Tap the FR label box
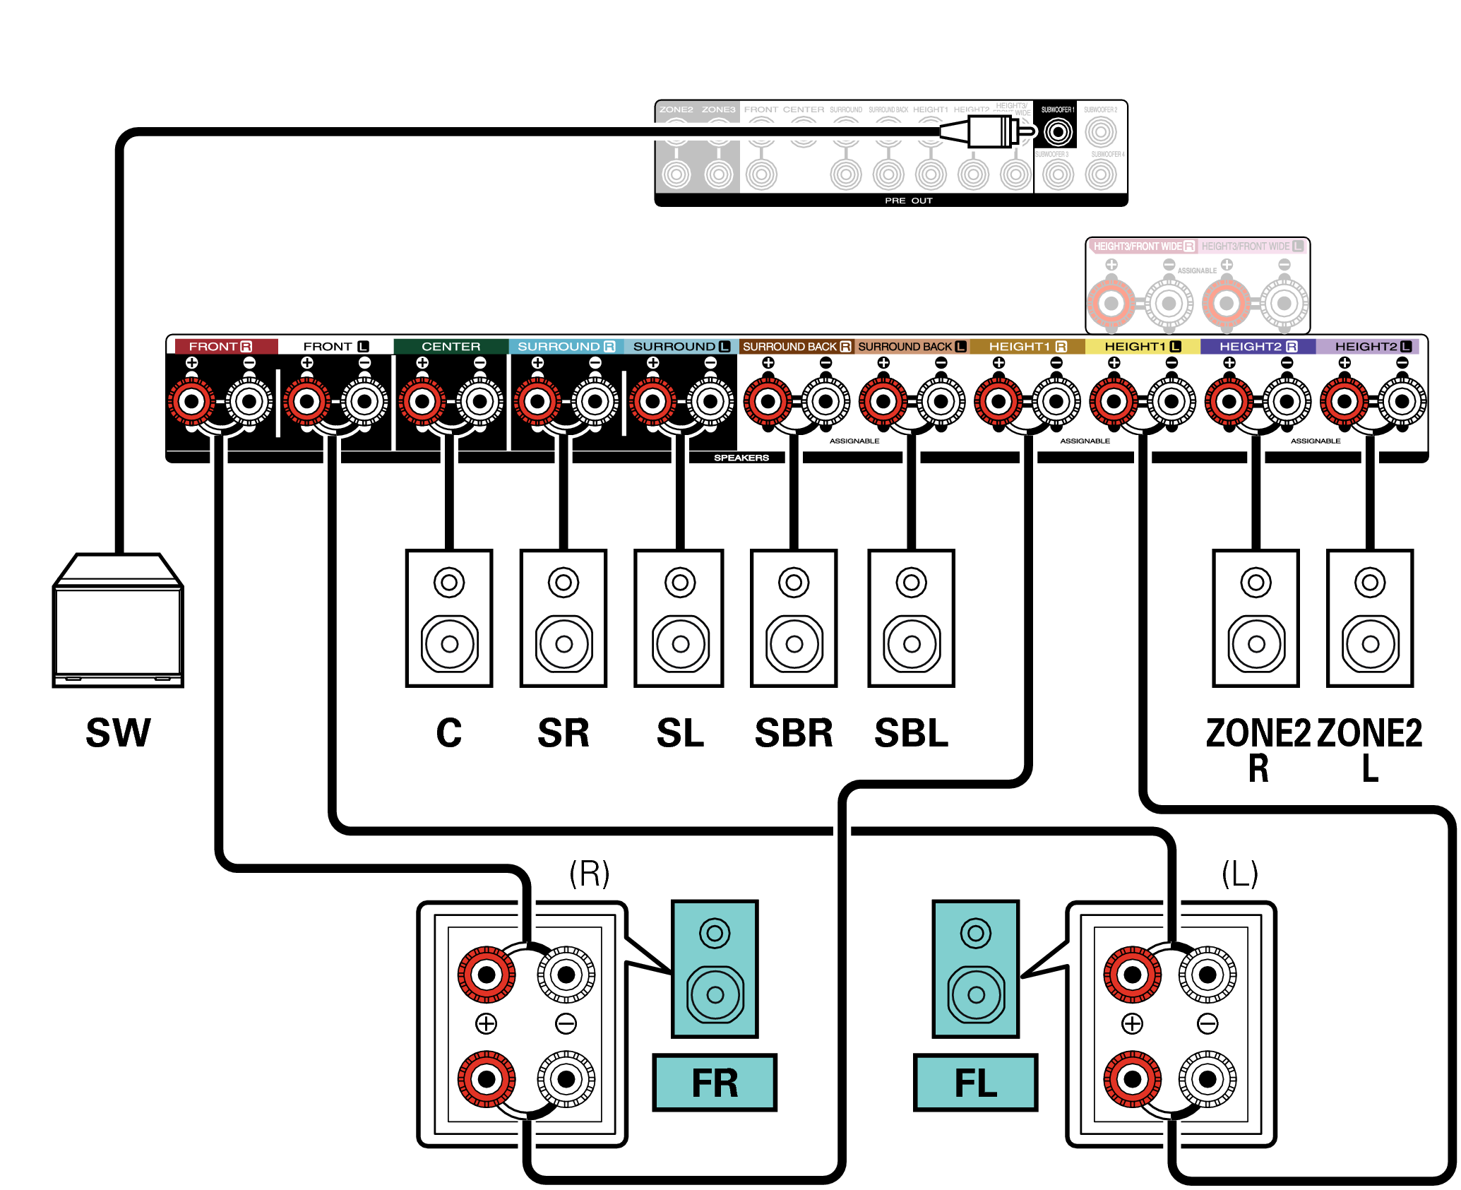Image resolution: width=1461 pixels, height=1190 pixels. click(x=714, y=1083)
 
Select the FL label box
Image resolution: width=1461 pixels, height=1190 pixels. click(x=975, y=1083)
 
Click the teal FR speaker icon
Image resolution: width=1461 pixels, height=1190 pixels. click(x=715, y=968)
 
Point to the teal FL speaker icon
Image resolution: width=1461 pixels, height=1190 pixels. click(x=975, y=968)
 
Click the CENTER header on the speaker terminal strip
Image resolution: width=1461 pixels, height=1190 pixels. click(x=451, y=347)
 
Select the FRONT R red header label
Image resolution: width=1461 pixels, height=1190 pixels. click(x=220, y=347)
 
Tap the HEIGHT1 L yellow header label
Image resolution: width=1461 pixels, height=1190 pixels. click(x=1142, y=347)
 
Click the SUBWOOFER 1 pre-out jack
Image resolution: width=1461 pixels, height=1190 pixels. click(x=1057, y=132)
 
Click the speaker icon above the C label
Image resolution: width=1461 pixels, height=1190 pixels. click(x=449, y=618)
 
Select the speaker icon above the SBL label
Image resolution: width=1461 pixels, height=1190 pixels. click(x=911, y=618)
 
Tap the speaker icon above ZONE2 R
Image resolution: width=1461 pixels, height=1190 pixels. click(x=1256, y=618)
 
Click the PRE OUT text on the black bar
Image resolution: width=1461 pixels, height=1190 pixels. click(x=908, y=201)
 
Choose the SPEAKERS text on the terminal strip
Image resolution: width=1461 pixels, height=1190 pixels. click(x=741, y=458)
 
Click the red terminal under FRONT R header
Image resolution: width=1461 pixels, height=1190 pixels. click(x=191, y=402)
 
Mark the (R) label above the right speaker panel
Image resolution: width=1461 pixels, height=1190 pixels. click(x=590, y=874)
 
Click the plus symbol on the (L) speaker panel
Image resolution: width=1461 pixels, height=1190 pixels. click(x=1132, y=1023)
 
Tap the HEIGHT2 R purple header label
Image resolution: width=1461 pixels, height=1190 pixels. click(x=1258, y=347)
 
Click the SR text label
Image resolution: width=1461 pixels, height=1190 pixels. click(x=563, y=733)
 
